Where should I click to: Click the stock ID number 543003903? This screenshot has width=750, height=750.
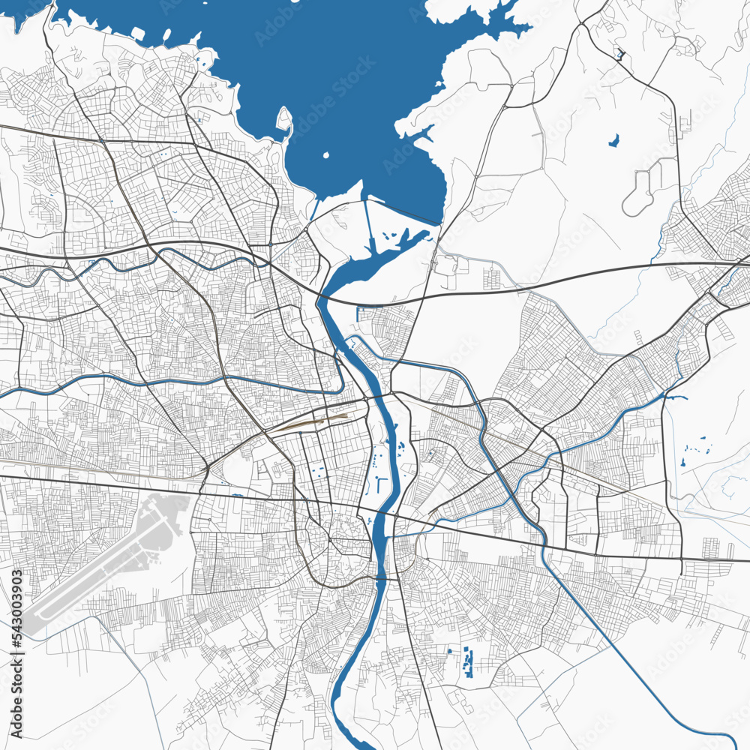17,613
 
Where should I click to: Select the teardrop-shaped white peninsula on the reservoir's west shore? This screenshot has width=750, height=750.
284,120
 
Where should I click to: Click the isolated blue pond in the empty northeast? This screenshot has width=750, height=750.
614,140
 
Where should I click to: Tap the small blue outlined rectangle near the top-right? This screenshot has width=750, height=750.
619,54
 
